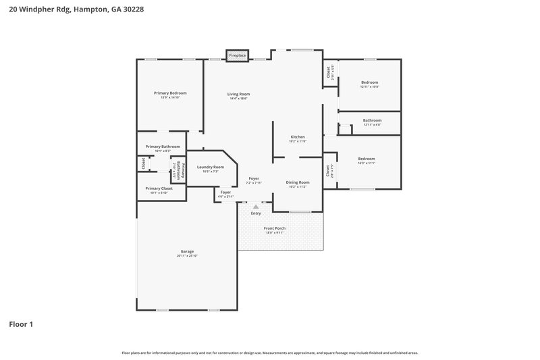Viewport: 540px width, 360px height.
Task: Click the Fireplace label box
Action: point(237,55)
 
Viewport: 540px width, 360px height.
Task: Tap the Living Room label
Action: point(238,94)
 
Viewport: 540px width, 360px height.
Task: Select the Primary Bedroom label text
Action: point(170,93)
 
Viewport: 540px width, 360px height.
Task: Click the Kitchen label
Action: point(298,136)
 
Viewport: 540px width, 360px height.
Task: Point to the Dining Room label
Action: point(298,182)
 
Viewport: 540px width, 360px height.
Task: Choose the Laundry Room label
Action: point(210,167)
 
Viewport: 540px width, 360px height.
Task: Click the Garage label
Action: point(187,251)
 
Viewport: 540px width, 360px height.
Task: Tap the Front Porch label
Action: point(275,228)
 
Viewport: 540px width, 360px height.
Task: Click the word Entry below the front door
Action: point(256,213)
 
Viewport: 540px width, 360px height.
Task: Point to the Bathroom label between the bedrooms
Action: point(372,120)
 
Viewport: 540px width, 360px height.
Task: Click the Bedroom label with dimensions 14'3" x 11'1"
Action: point(367,159)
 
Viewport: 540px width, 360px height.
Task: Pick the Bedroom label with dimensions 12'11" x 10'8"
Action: point(370,82)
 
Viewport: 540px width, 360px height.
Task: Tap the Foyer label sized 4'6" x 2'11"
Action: point(225,192)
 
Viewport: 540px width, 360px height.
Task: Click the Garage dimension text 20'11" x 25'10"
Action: point(187,256)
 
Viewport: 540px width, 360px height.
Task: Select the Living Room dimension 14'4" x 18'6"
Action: point(238,99)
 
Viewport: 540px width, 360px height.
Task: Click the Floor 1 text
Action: point(21,324)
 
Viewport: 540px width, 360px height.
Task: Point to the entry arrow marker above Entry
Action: point(256,207)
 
